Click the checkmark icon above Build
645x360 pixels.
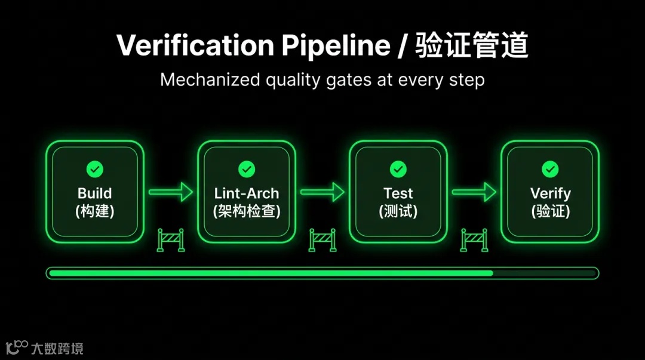click(94, 170)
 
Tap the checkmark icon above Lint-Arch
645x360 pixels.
click(247, 170)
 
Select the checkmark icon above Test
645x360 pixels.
click(398, 170)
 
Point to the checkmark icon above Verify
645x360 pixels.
click(550, 170)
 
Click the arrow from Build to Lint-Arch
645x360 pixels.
click(171, 192)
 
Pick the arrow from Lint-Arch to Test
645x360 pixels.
click(322, 192)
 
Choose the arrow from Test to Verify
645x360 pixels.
click(474, 192)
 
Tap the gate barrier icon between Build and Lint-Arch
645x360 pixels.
click(171, 239)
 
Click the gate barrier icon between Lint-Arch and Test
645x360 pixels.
click(322, 239)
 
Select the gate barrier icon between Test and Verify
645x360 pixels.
click(474, 239)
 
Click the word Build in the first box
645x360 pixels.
click(94, 193)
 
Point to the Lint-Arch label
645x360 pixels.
click(247, 193)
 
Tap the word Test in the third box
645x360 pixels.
click(398, 193)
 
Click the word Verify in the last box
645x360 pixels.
click(550, 193)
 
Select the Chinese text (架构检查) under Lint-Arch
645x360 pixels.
click(247, 211)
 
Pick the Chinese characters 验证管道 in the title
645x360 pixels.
click(472, 46)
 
